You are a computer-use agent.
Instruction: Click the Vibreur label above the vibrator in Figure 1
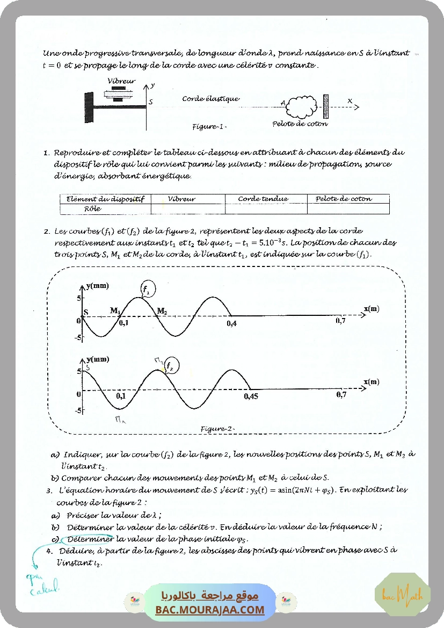121,81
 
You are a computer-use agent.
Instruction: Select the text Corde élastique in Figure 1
210,99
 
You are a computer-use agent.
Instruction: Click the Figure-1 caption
209,127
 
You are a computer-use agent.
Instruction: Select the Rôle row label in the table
92,208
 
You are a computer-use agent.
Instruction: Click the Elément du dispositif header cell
105,199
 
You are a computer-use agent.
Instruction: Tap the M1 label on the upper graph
115,311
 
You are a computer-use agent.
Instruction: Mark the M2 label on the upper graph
162,311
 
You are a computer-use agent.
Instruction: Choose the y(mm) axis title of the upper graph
97,286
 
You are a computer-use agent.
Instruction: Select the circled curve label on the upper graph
147,290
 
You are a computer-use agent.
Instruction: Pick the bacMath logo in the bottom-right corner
402,595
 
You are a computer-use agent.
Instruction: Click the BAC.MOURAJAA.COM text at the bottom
210,610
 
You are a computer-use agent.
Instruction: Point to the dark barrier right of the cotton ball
325,106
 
